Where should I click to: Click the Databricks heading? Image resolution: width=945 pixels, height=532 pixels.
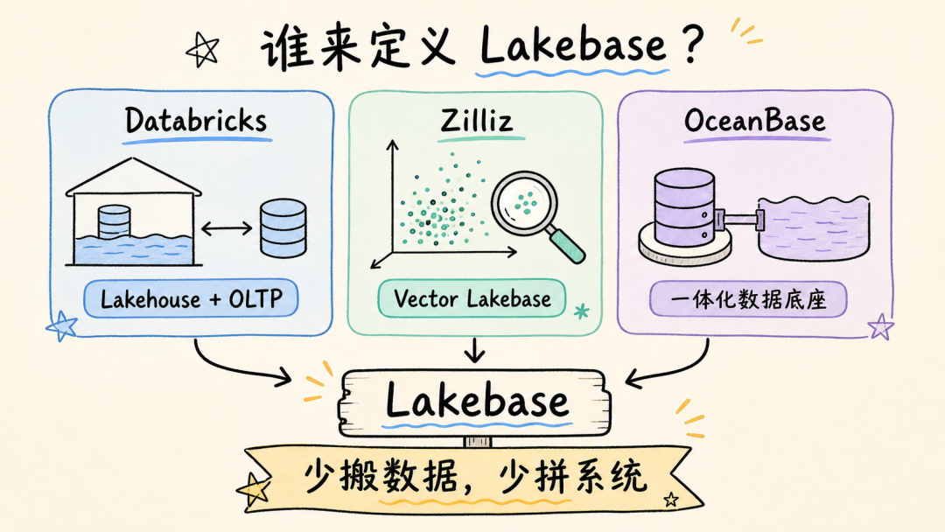click(x=196, y=121)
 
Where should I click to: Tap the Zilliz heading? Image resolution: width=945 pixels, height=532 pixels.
click(x=477, y=120)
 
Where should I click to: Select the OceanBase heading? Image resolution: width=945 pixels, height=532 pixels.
click(x=754, y=121)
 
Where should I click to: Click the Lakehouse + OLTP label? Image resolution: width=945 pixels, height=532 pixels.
click(x=191, y=299)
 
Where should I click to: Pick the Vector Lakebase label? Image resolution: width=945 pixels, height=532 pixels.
click(x=472, y=299)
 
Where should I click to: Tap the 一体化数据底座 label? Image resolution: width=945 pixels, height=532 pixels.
click(x=748, y=299)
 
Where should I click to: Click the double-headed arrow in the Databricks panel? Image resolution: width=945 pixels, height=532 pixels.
click(x=227, y=228)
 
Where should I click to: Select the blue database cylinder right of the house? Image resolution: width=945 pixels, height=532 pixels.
click(x=283, y=228)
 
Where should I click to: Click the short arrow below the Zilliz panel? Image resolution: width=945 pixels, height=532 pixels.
click(x=475, y=350)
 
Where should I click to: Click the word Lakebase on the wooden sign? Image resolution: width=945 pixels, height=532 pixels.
click(x=476, y=401)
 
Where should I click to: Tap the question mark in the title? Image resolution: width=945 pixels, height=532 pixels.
click(x=692, y=44)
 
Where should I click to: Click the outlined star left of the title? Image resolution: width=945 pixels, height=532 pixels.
click(x=202, y=50)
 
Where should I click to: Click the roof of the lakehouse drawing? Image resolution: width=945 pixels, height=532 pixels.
click(x=134, y=177)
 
